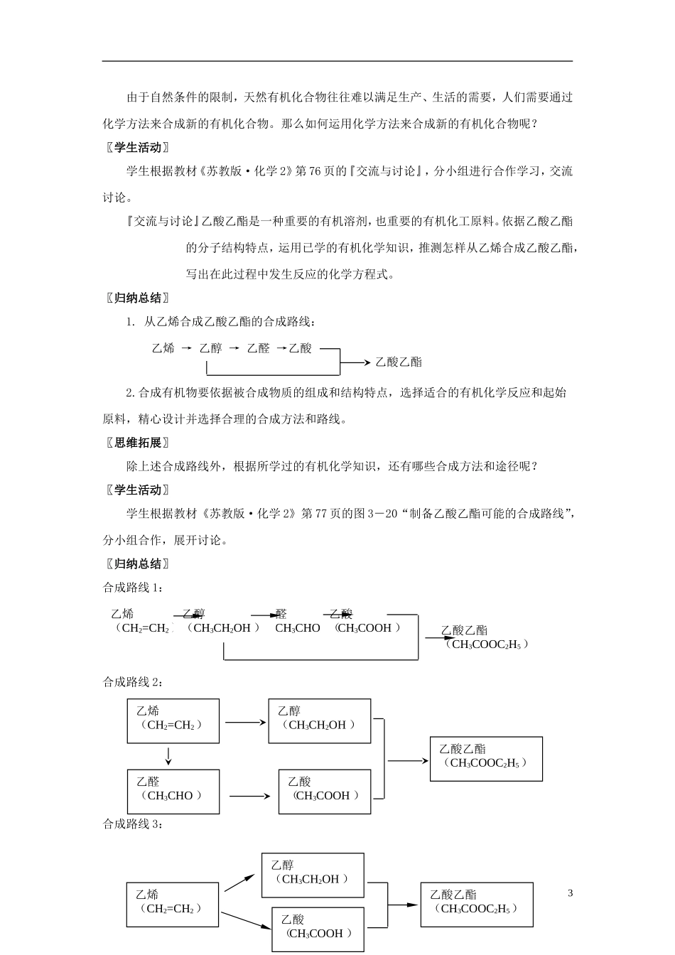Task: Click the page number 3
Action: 570,893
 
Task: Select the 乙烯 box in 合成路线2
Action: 173,721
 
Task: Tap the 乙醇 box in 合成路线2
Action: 319,721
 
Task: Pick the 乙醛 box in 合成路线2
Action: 173,792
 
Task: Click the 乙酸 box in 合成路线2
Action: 325,792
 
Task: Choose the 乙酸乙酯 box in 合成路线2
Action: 486,758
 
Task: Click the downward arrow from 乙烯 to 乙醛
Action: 168,756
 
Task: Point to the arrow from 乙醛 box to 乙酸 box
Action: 250,796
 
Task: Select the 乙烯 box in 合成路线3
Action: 172,904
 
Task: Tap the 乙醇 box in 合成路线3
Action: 313,875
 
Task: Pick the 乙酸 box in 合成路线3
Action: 318,929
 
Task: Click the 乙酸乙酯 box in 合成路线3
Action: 476,904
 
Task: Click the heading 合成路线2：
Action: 133,682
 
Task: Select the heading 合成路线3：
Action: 133,824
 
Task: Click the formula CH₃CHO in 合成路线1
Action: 297,628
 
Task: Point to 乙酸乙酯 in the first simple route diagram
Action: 398,362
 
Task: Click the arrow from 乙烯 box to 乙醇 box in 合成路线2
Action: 244,723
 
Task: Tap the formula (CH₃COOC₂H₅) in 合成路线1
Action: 487,644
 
